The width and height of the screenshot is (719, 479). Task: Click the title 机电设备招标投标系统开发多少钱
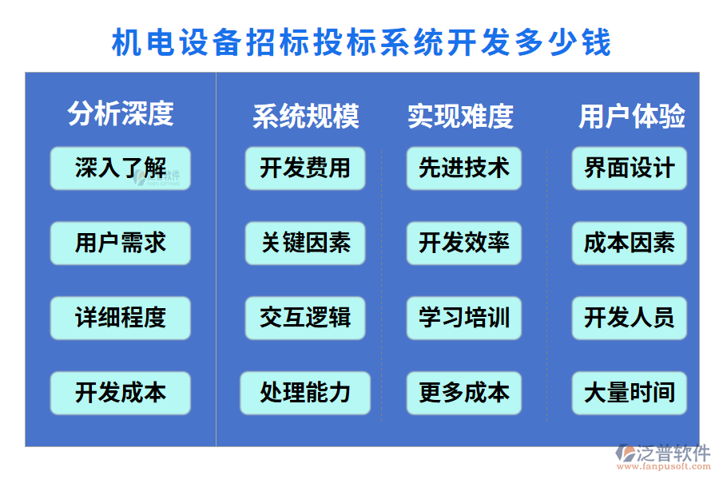361,42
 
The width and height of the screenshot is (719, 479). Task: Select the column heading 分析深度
121,113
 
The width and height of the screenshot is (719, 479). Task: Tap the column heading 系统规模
306,117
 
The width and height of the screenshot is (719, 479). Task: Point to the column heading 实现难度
460,117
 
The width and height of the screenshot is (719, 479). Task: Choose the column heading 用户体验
632,117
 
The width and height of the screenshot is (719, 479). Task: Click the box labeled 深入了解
121,168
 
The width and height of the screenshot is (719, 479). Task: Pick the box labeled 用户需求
121,243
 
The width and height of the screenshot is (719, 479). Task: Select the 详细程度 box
121,318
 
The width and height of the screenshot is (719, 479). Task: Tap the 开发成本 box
121,393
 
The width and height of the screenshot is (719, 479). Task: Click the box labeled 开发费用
305,168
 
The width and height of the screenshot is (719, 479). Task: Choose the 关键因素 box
305,243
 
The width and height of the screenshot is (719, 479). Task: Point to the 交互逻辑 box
305,318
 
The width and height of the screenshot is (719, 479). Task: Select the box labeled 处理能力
305,393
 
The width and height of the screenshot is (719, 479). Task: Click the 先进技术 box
464,168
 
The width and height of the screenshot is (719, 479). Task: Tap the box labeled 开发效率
464,243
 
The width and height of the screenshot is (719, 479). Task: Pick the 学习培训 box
464,318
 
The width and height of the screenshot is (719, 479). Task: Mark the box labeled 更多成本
464,393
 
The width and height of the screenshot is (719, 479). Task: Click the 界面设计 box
630,168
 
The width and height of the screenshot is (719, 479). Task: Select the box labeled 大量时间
630,393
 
